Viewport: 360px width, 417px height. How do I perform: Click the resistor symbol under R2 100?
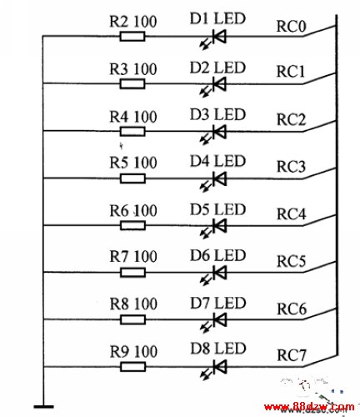132,37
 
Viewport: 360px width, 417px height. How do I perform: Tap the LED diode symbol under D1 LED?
214,39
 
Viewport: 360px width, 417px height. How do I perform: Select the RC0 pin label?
291,27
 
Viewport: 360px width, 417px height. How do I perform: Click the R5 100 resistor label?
133,163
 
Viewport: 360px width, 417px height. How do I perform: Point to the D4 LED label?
217,161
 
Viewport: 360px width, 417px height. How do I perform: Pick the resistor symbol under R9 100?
133,367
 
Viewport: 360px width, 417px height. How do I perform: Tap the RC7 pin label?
292,355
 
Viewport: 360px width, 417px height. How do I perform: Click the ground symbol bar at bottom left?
44,407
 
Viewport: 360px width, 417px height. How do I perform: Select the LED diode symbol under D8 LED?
214,369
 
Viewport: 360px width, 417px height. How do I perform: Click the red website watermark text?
309,408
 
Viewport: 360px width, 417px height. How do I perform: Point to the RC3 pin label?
292,167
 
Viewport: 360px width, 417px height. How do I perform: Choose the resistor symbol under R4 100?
132,132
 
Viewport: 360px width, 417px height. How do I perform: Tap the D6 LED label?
218,255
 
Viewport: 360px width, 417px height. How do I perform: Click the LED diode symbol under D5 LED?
214,229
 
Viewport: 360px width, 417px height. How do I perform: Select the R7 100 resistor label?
133,256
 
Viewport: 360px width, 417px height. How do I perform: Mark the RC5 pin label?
292,261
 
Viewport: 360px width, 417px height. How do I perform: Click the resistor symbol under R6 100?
133,225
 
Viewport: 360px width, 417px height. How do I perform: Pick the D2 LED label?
217,68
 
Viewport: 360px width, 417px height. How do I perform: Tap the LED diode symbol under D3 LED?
214,134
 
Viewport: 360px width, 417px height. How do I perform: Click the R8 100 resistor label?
133,304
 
